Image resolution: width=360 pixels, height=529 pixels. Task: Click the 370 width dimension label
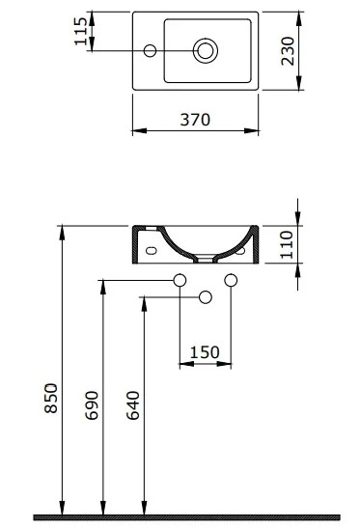(195, 120)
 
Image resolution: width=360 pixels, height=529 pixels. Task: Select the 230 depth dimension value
(288, 51)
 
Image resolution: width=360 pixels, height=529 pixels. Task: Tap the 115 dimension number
(81, 32)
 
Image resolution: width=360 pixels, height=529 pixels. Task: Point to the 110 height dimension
(287, 244)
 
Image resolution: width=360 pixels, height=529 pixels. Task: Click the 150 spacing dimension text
(205, 352)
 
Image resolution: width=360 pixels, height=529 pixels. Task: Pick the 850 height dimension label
(51, 398)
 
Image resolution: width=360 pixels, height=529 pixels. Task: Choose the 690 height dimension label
(92, 405)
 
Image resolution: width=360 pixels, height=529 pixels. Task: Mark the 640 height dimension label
(133, 405)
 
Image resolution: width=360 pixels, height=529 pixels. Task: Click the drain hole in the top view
(206, 51)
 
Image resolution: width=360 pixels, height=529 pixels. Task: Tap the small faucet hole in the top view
(150, 51)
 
